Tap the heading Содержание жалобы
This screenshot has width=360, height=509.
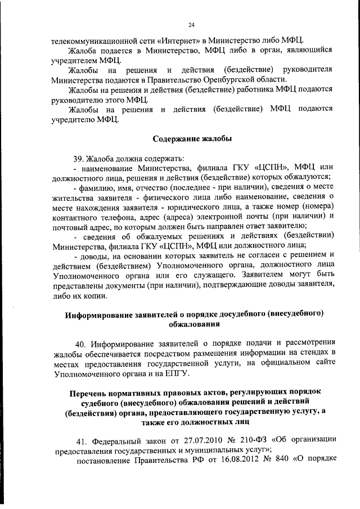[192, 138]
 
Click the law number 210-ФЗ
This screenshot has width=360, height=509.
[241, 440]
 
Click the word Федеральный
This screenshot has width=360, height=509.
[113, 440]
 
